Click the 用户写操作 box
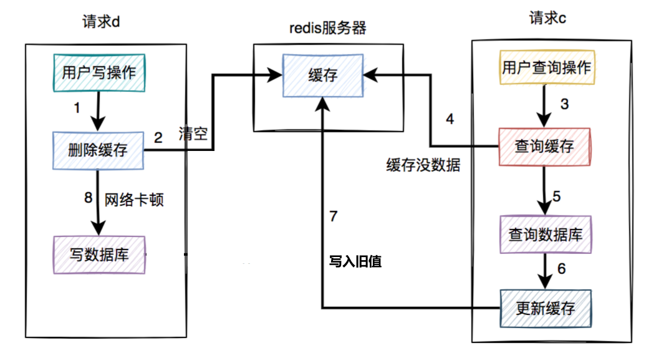[x=99, y=73]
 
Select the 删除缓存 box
[x=99, y=150]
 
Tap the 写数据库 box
[x=99, y=255]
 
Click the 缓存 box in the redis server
[x=323, y=75]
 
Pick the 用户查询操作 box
[x=546, y=67]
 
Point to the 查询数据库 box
[x=546, y=235]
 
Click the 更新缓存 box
[x=546, y=308]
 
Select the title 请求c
[x=547, y=19]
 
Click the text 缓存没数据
[x=423, y=165]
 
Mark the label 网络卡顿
[x=134, y=200]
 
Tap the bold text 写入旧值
[x=355, y=262]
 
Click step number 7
[x=334, y=216]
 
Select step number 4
[x=450, y=119]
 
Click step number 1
[x=77, y=108]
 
